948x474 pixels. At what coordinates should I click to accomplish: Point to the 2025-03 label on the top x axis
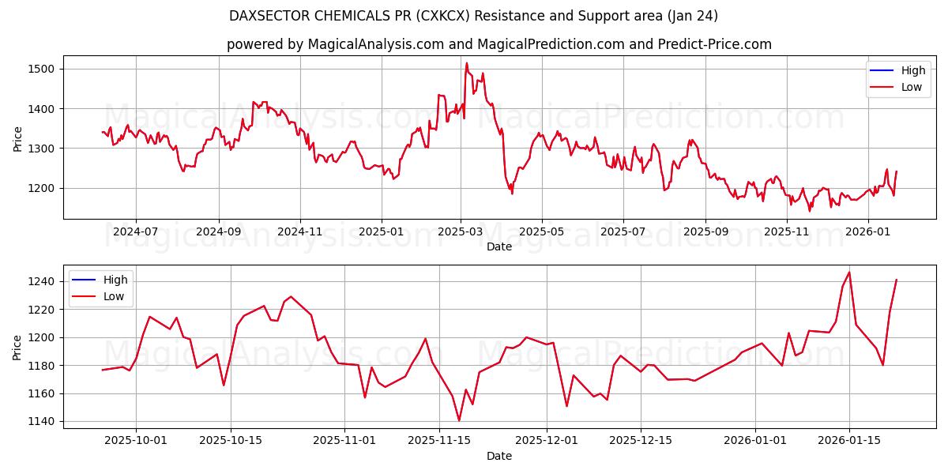(x=461, y=232)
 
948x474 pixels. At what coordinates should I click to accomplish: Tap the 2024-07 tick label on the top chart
(x=136, y=232)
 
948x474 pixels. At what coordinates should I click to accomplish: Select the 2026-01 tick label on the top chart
(x=868, y=232)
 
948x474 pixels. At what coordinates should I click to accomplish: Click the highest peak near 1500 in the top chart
(x=467, y=63)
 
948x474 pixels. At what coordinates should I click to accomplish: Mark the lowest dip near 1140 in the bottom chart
(x=459, y=420)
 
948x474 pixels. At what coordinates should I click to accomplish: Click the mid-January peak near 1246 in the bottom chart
(x=849, y=273)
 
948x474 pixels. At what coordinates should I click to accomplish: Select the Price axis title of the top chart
(x=18, y=137)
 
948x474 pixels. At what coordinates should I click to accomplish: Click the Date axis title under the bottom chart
(x=498, y=456)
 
